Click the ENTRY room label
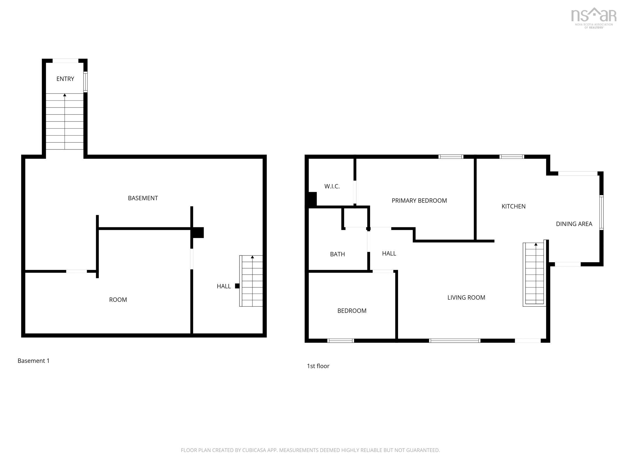[x=65, y=79]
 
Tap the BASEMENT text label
[x=143, y=198]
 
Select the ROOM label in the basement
[x=118, y=300]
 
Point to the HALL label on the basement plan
[x=224, y=286]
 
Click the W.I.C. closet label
[x=332, y=186]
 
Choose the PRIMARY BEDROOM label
[x=419, y=201]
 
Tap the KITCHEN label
[x=513, y=206]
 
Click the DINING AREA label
[x=574, y=224]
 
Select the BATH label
[x=337, y=254]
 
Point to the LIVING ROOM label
[x=466, y=298]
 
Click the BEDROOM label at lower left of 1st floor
[x=352, y=311]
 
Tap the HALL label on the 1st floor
[x=389, y=254]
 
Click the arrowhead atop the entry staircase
[x=65, y=95]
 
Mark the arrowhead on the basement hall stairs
[x=252, y=257]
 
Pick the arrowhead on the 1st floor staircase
[x=536, y=244]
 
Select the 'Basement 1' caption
[x=33, y=361]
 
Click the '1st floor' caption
[x=318, y=366]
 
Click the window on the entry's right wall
[x=85, y=82]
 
